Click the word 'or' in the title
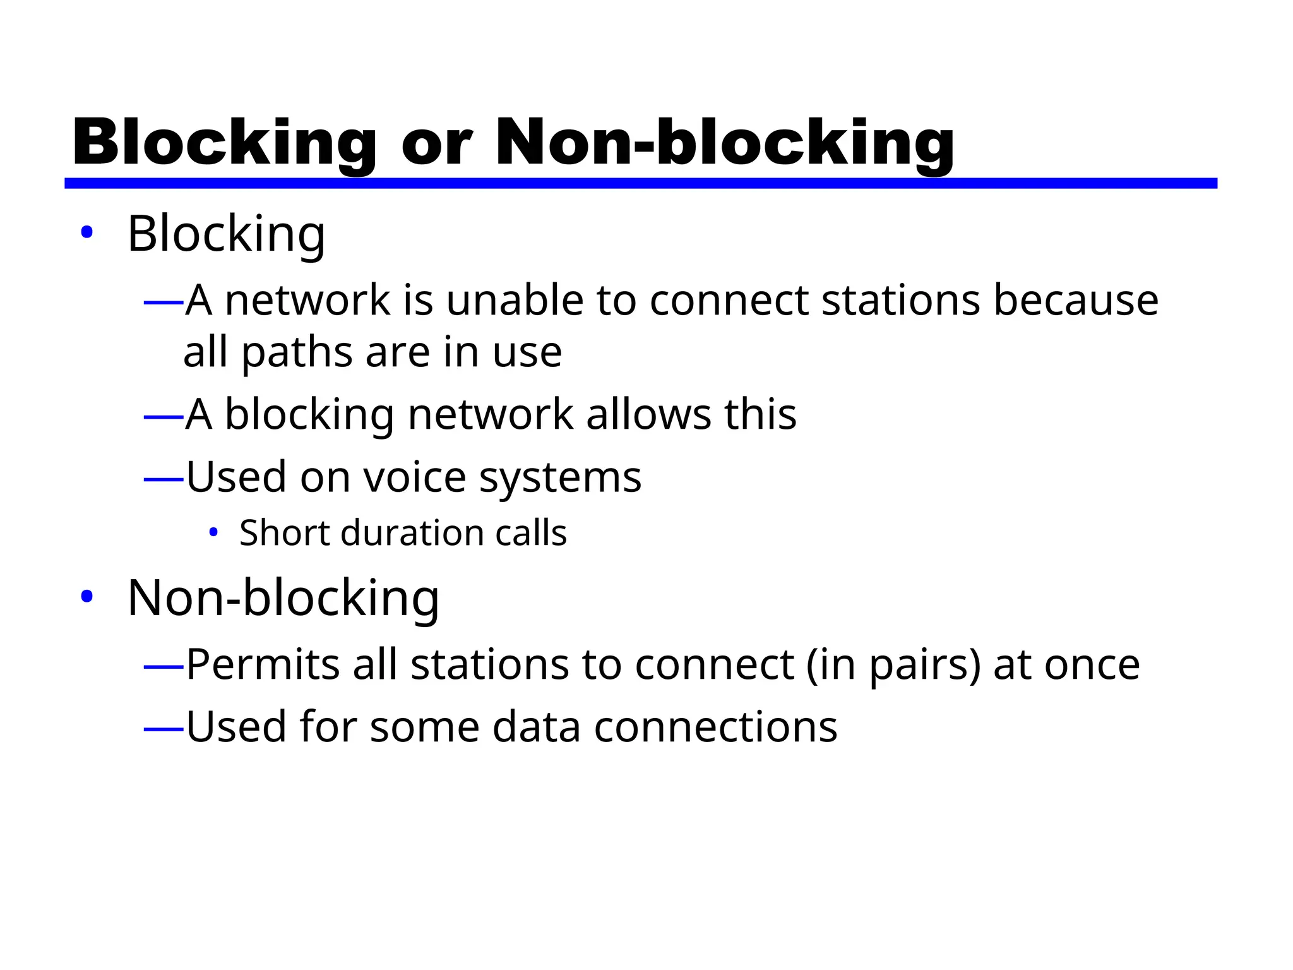tap(436, 144)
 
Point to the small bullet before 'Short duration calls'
tap(213, 532)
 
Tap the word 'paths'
tap(297, 352)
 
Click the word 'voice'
tap(414, 477)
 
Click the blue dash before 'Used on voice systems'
tap(164, 480)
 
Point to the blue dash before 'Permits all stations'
tap(164, 666)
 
